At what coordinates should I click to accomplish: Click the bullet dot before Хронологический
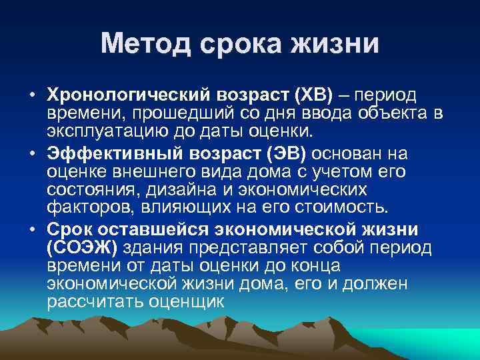(32, 95)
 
